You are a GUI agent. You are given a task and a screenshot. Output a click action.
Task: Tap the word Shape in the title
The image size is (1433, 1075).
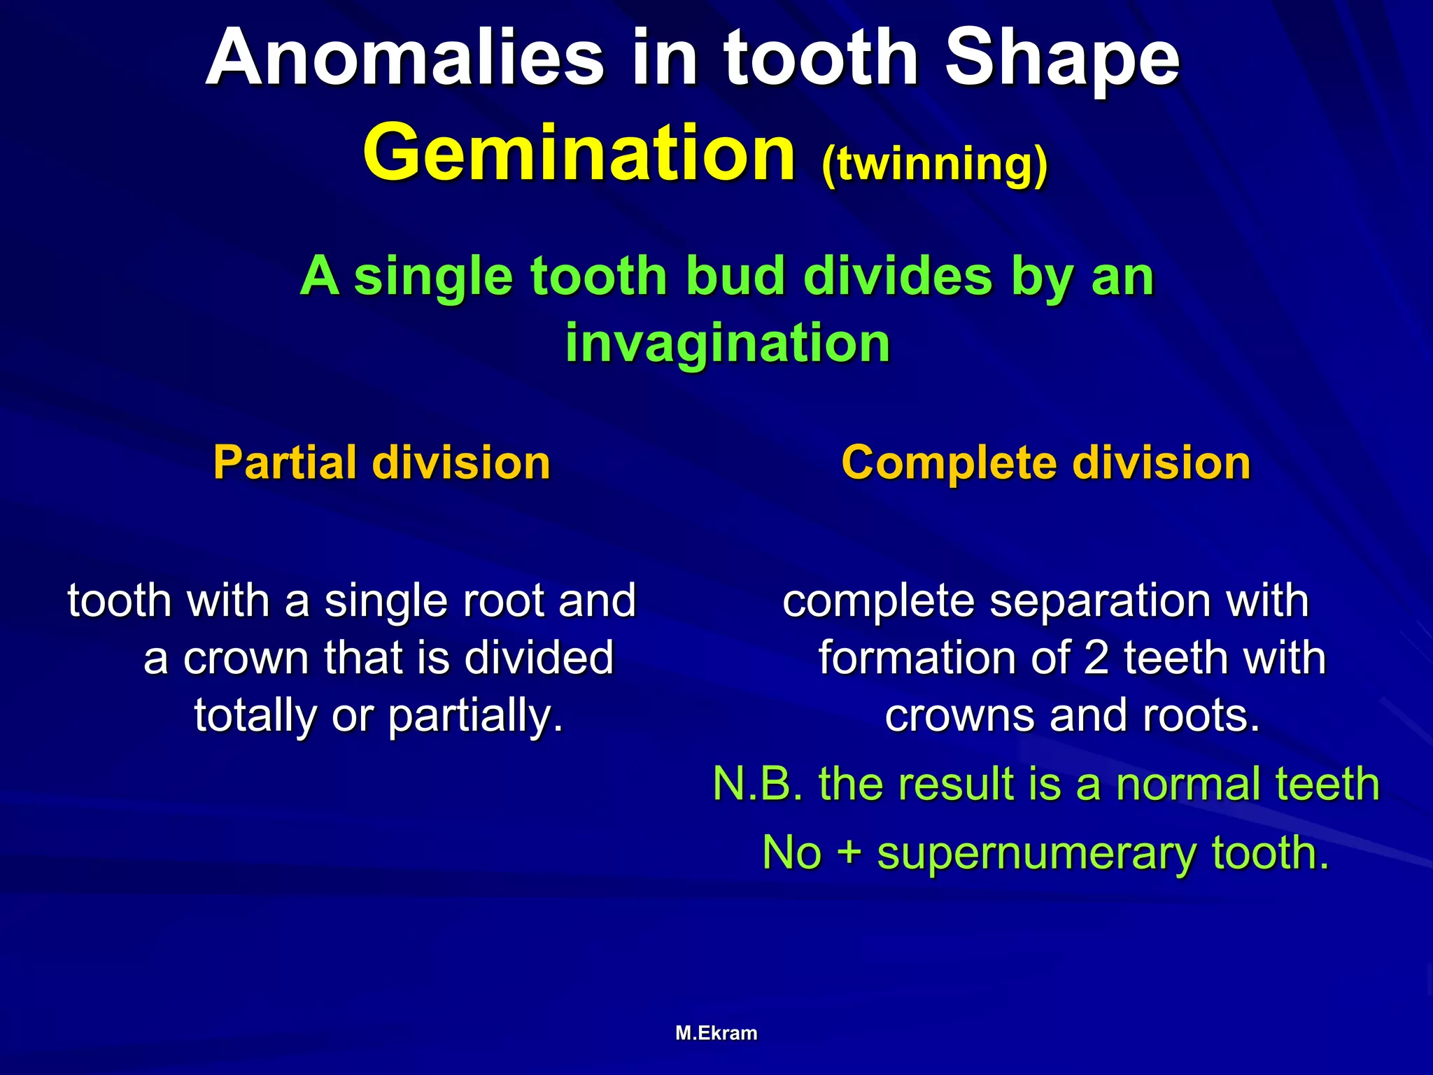click(x=1062, y=60)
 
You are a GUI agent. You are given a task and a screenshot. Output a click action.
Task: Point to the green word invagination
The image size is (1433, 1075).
click(x=728, y=343)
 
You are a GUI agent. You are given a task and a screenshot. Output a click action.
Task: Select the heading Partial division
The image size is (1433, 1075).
click(x=382, y=463)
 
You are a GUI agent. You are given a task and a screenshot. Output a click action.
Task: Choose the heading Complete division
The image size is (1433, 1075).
click(x=1046, y=463)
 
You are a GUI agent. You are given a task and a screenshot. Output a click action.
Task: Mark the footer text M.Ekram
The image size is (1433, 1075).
click(x=716, y=1033)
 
